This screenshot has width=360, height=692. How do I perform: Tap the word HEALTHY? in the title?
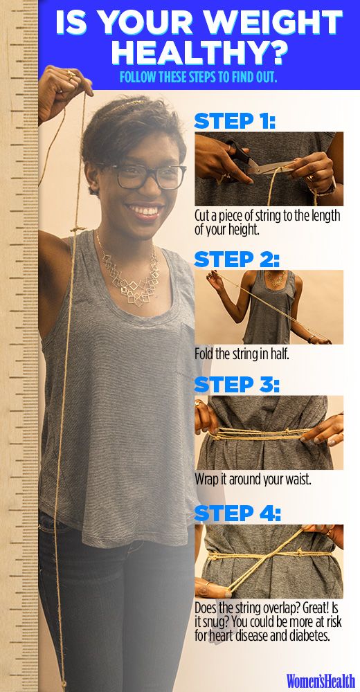pyautogui.click(x=198, y=53)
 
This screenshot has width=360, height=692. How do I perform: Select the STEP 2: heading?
pyautogui.click(x=237, y=259)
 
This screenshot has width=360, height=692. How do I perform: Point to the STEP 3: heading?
pyautogui.click(x=237, y=385)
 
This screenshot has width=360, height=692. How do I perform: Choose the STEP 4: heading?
pyautogui.click(x=237, y=513)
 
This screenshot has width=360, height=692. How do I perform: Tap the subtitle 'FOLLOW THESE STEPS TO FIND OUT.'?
pyautogui.click(x=198, y=77)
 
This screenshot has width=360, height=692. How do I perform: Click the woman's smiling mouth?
pyautogui.click(x=145, y=209)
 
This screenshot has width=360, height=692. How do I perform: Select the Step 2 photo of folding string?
pyautogui.click(x=269, y=307)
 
